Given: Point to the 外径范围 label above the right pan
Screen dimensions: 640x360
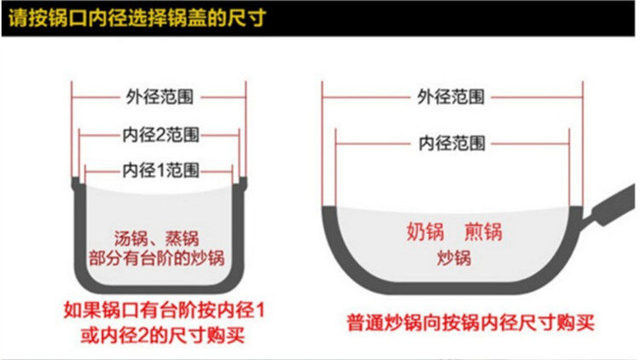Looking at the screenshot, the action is [452, 96].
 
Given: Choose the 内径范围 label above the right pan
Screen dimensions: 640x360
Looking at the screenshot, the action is [452, 142].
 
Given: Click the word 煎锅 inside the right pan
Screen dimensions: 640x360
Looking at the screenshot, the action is [483, 231].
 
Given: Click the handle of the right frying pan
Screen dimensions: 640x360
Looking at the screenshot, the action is [610, 205].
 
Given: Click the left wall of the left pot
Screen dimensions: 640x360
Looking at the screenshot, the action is [77, 230].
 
